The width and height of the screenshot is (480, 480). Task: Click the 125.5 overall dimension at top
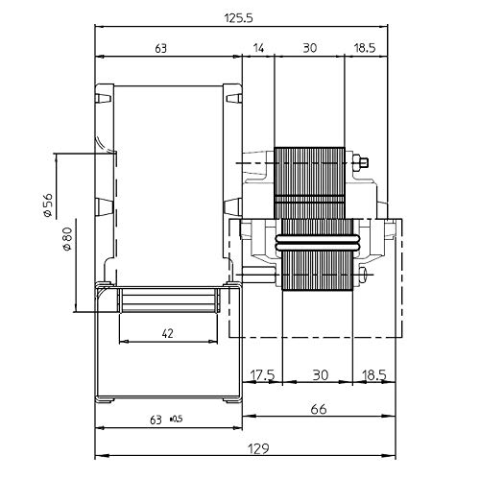tap(239, 18)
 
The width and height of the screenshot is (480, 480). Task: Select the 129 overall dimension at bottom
tap(258, 449)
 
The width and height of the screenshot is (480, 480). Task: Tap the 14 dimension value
tap(258, 48)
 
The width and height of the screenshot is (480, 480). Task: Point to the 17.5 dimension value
tap(262, 375)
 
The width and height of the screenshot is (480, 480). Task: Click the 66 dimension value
tap(319, 409)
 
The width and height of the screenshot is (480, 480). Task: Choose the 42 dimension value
tap(167, 334)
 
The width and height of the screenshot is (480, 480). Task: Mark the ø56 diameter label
tap(48, 204)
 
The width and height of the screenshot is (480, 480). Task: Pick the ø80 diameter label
tap(68, 239)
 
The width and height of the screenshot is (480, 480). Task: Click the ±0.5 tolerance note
tap(177, 419)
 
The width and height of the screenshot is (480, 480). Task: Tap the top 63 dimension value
tap(161, 48)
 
